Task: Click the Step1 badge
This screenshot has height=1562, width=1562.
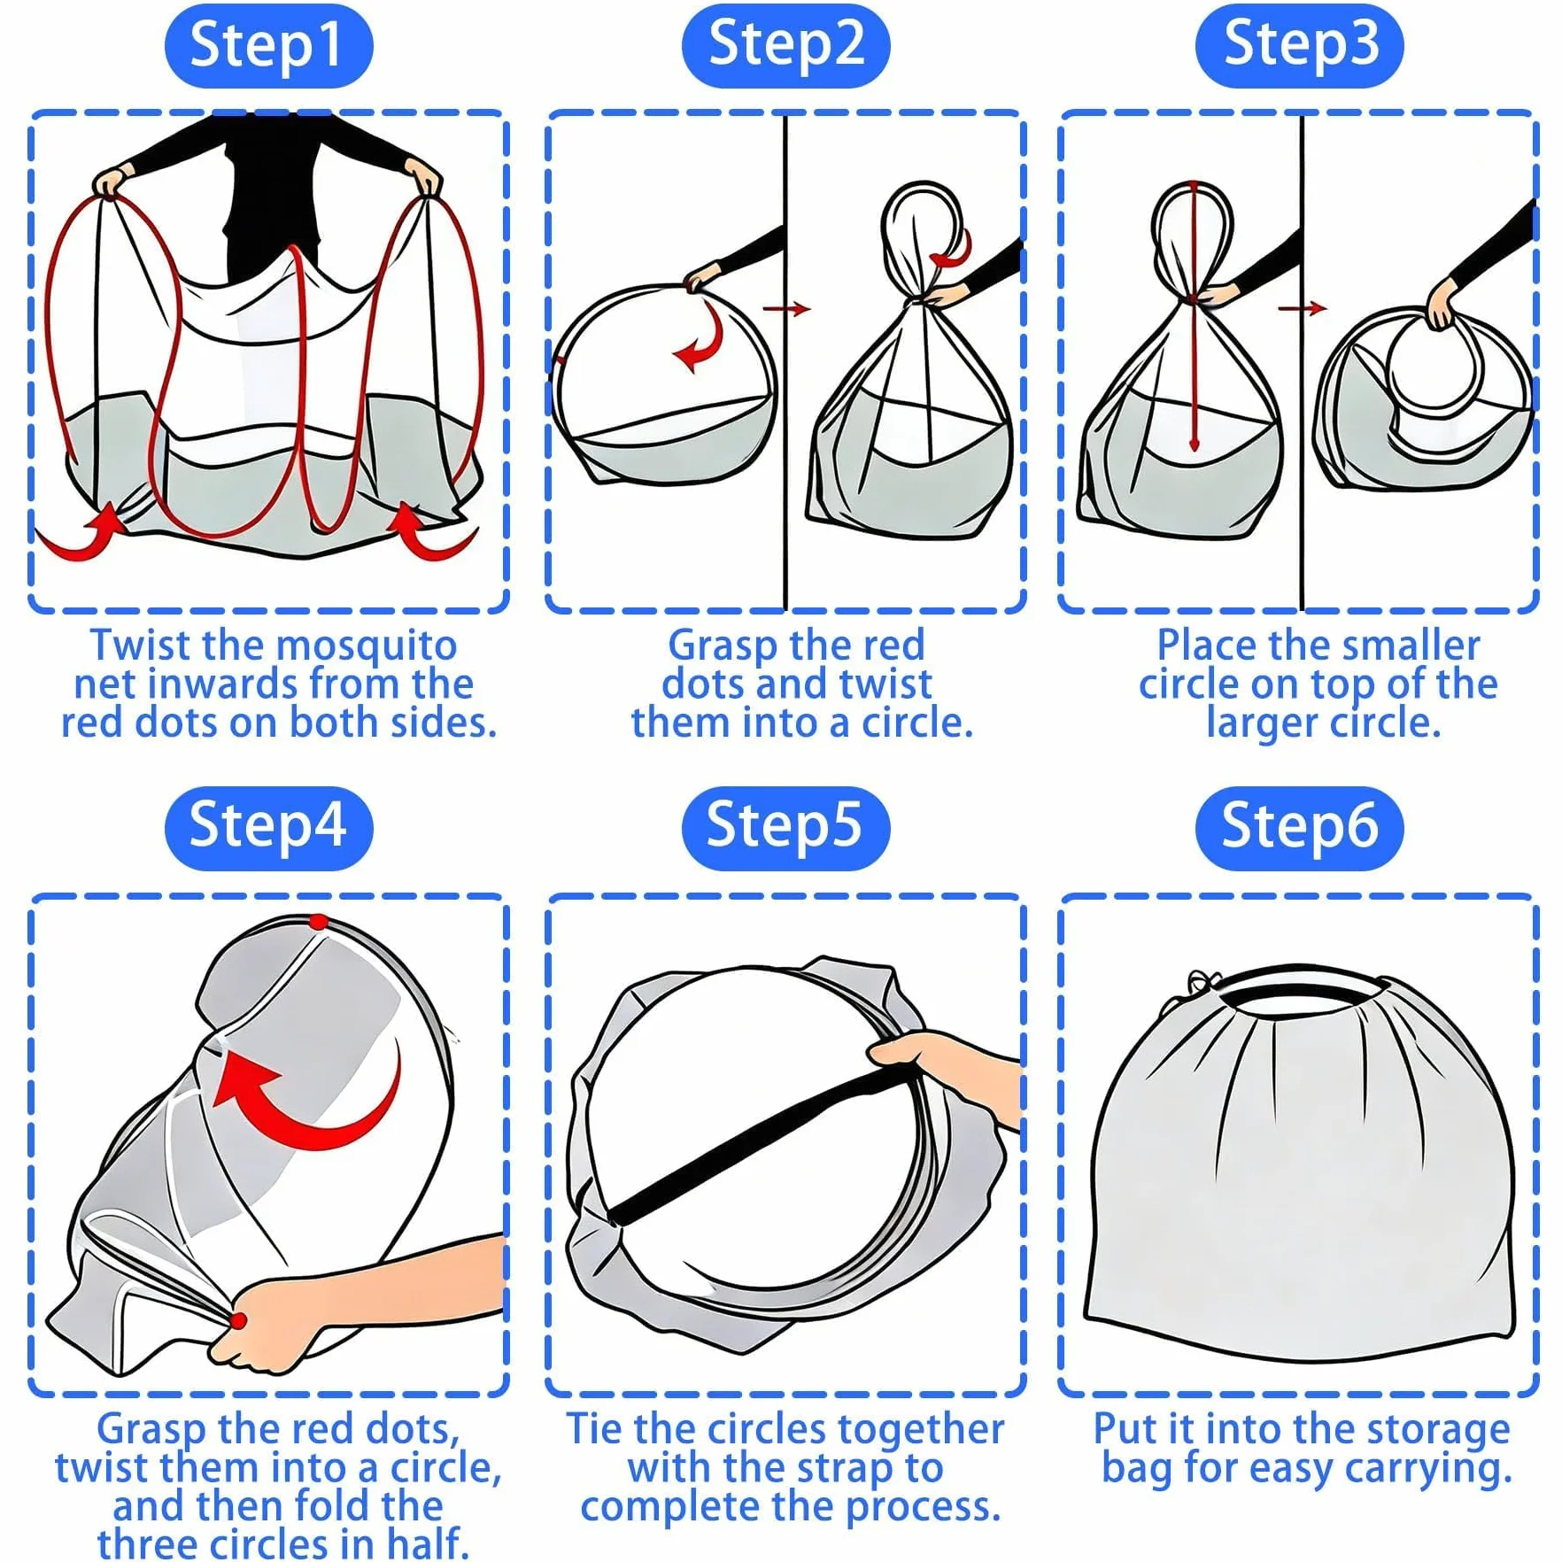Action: [x=268, y=46]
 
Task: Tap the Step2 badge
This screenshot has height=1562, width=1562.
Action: [x=785, y=46]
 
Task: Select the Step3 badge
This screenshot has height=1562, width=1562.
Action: [x=1300, y=46]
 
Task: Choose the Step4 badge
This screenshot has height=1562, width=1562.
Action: [x=268, y=828]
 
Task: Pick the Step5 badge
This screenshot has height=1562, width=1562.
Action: [x=785, y=828]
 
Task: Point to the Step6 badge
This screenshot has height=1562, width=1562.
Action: [x=1300, y=828]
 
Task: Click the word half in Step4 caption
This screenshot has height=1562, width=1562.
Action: [x=426, y=1543]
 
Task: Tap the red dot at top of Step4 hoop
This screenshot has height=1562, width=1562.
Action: [x=319, y=922]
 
